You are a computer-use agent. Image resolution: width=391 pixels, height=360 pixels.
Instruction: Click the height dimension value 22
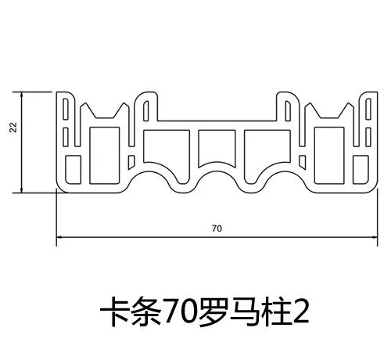(13, 128)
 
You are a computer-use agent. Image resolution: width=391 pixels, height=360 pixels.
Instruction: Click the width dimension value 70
(217, 229)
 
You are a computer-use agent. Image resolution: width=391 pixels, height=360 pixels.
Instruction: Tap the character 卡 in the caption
(115, 311)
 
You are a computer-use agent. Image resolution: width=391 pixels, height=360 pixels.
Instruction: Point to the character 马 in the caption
(245, 311)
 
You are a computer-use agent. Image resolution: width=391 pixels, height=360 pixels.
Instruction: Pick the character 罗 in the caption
(213, 311)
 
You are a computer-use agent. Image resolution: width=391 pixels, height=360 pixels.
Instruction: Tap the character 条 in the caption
(146, 311)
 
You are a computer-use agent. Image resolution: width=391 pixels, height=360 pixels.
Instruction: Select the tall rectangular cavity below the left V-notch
(105, 156)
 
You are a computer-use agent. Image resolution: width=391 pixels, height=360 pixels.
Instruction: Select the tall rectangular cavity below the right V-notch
(329, 156)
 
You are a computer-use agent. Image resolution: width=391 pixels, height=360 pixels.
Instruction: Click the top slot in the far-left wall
(66, 109)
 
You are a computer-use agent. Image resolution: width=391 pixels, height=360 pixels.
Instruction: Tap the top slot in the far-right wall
(368, 109)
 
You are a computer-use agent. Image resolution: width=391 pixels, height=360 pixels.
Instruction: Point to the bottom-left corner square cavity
(73, 170)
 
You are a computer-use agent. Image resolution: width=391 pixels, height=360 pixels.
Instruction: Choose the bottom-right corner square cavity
(361, 170)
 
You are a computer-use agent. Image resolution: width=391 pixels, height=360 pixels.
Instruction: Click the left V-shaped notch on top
(105, 111)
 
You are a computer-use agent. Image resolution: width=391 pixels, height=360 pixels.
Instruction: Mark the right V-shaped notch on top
(329, 111)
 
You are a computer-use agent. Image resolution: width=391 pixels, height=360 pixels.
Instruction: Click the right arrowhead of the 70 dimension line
(375, 237)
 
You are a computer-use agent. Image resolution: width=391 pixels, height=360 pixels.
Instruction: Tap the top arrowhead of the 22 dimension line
(22, 95)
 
